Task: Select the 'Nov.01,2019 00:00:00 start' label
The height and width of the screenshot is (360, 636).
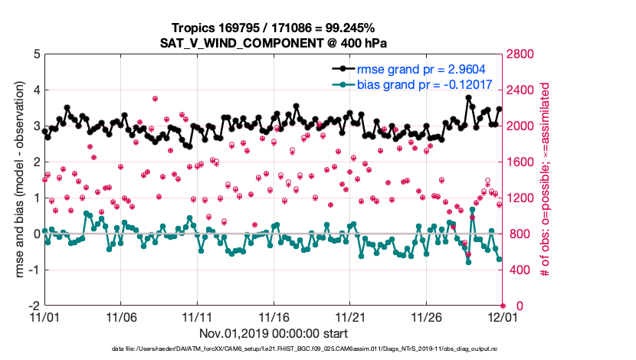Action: tap(274, 333)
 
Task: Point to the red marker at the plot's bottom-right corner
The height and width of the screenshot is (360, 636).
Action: tap(503, 306)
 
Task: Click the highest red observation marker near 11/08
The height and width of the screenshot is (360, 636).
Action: tap(155, 99)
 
